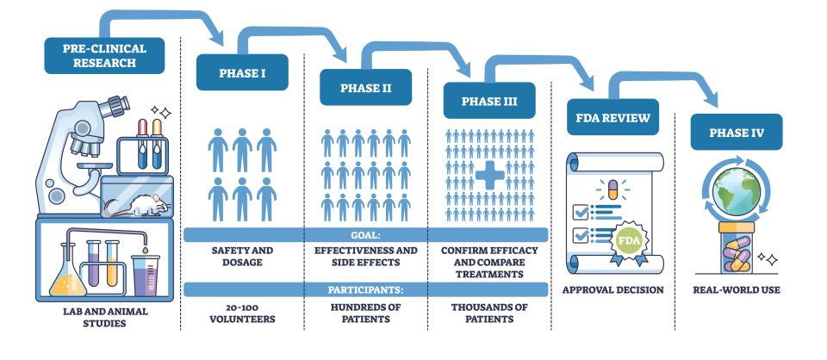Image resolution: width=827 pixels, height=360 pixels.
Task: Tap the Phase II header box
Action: coord(365,87)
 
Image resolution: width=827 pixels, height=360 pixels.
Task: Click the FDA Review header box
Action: coord(612,117)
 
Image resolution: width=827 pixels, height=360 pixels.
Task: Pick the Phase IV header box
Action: coord(736,132)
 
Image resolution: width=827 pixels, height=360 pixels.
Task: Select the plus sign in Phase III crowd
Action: coord(490,177)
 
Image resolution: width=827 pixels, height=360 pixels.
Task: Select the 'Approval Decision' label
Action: coord(612,289)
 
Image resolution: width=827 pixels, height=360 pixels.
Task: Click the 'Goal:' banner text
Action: coord(365,234)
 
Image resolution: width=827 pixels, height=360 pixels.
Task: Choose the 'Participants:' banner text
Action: coord(365,289)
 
